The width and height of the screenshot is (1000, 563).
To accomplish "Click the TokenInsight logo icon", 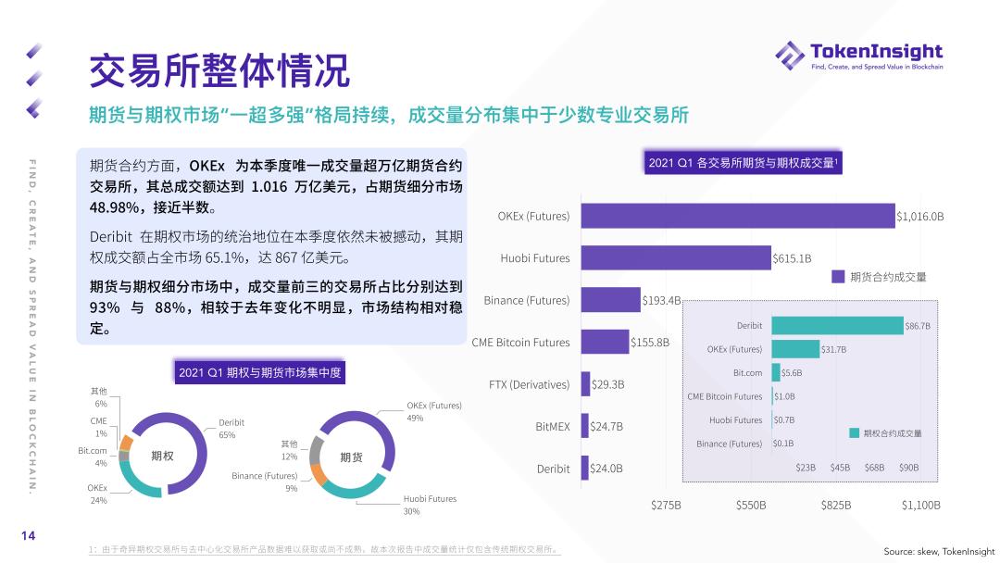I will pyautogui.click(x=790, y=55).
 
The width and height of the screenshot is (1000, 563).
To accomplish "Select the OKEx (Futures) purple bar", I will pyautogui.click(x=738, y=216).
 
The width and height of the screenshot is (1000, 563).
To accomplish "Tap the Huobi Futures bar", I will pyautogui.click(x=676, y=258).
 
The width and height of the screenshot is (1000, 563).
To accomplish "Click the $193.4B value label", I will pyautogui.click(x=661, y=301).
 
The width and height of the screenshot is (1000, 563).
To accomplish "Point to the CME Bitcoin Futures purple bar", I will pyautogui.click(x=605, y=342).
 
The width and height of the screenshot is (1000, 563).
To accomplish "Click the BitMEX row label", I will pyautogui.click(x=553, y=427).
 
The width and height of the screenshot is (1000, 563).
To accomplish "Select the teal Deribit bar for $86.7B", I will pyautogui.click(x=837, y=326).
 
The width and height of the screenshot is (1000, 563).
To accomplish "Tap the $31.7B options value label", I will pyautogui.click(x=833, y=349).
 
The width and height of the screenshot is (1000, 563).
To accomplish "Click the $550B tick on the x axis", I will pyautogui.click(x=751, y=506).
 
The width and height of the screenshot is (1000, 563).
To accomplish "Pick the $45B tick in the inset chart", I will pyautogui.click(x=840, y=468).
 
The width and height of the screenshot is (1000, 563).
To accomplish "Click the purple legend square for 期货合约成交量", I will pyautogui.click(x=838, y=276).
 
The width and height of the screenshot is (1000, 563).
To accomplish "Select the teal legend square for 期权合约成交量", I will pyautogui.click(x=854, y=432).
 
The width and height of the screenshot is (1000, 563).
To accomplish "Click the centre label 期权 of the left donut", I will pyautogui.click(x=162, y=456).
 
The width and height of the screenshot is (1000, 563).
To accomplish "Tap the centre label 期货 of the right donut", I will pyautogui.click(x=351, y=457).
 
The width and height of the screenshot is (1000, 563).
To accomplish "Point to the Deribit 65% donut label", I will pyautogui.click(x=231, y=429).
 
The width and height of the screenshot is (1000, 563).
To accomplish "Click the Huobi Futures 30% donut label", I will pyautogui.click(x=430, y=505).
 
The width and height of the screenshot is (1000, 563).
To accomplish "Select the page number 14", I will pyautogui.click(x=29, y=536).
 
